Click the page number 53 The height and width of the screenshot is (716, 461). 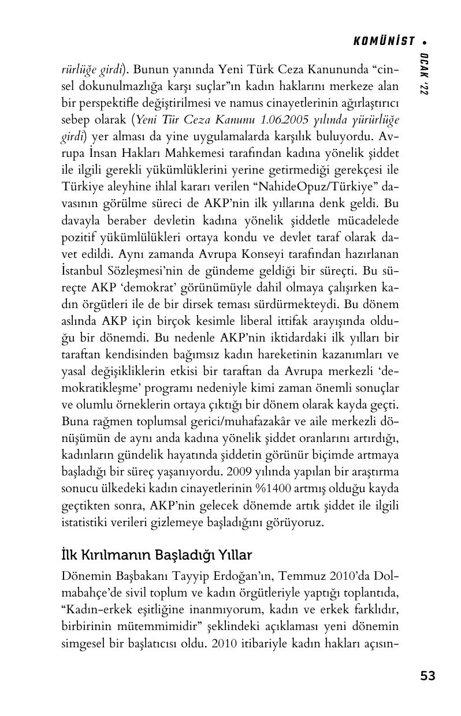(x=427, y=676)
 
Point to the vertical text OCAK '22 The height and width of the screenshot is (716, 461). (x=425, y=74)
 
